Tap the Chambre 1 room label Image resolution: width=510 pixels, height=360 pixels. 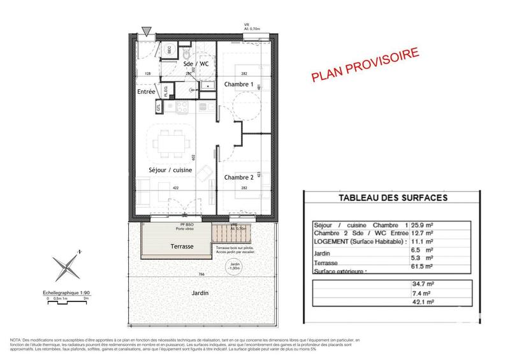click(239, 85)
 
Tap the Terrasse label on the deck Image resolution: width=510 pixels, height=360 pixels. click(178, 245)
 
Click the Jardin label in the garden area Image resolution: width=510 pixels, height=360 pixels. click(201, 294)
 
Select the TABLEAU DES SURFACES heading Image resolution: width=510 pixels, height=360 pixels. click(392, 198)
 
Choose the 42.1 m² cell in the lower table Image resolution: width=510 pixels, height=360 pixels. click(418, 303)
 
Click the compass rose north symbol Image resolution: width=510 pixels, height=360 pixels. click(66, 266)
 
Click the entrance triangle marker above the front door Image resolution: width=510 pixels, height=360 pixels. click(147, 31)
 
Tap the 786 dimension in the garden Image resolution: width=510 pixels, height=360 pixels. click(201, 274)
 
